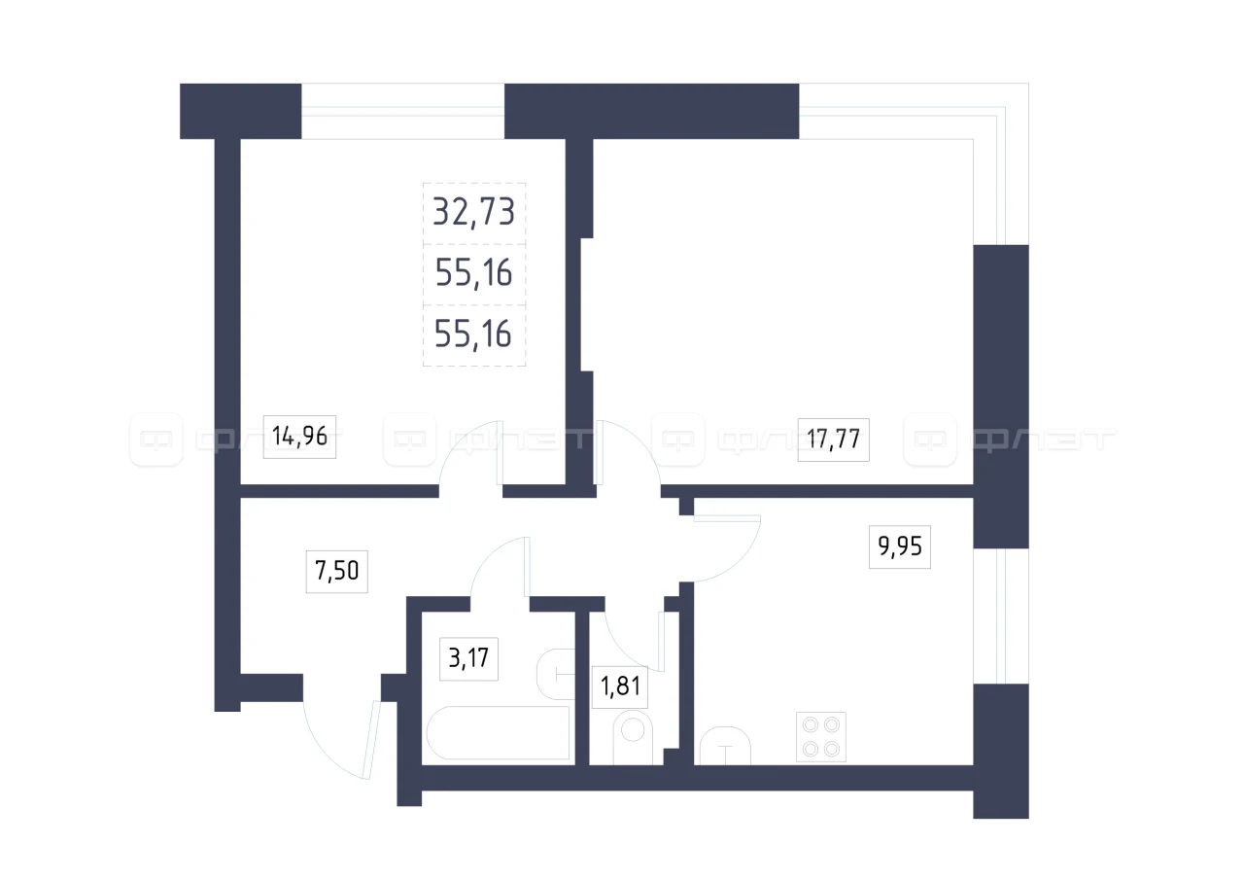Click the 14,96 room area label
coord(299,437)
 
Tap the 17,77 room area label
coord(833,440)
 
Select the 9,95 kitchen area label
coord(900,546)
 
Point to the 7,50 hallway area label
coord(336,571)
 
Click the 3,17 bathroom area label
coord(468,659)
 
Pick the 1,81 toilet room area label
coord(620,686)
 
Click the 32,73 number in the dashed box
coord(473,212)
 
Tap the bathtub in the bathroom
coord(499,732)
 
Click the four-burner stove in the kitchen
coord(821,737)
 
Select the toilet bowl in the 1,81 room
coord(633,739)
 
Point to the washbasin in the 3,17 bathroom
coord(555,674)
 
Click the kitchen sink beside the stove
coord(725,746)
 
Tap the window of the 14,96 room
coord(402,111)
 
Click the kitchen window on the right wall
coord(1001,616)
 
